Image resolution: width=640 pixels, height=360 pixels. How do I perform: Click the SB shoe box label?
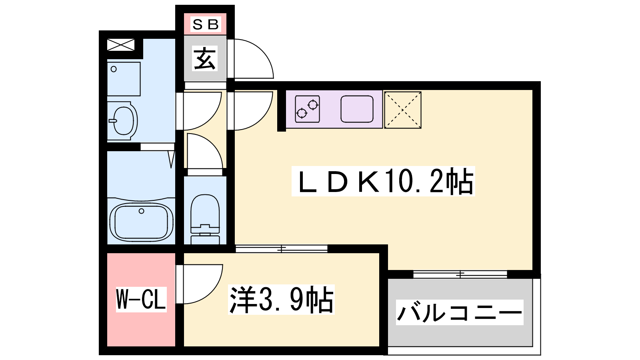[x=206, y=24]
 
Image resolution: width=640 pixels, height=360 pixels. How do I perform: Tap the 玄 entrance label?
[x=205, y=58]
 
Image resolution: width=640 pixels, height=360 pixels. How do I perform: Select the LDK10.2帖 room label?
[x=383, y=181]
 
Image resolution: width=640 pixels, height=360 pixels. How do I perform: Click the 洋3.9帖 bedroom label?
[x=281, y=300]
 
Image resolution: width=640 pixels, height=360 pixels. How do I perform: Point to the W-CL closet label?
[x=141, y=299]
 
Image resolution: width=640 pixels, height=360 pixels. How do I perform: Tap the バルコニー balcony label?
[x=460, y=312]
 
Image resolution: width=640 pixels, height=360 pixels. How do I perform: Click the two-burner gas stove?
[x=307, y=109]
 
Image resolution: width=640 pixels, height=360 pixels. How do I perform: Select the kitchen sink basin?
[x=357, y=109]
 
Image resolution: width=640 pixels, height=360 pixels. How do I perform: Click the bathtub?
[x=141, y=222]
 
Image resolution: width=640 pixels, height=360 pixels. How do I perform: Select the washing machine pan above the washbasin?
[x=124, y=78]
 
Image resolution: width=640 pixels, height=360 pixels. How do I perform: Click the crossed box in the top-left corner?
[x=121, y=44]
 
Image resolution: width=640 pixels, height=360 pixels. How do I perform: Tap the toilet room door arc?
[x=204, y=152]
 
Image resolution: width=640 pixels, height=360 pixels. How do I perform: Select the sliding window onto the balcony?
[x=460, y=274]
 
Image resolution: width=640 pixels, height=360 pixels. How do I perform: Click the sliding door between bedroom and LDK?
[x=282, y=249]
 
